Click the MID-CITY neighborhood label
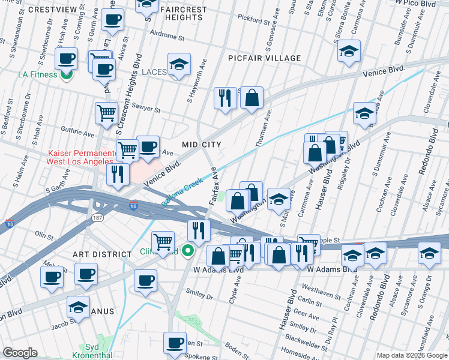pyautogui.click(x=202, y=145)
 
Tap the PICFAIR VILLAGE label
pyautogui.click(x=264, y=58)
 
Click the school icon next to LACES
pyautogui.click(x=178, y=65)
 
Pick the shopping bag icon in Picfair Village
pyautogui.click(x=252, y=97)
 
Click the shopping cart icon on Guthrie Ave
pyautogui.click(x=106, y=112)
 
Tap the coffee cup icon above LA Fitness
pyautogui.click(x=67, y=58)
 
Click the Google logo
pyautogui.click(x=20, y=353)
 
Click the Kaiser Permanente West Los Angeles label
pyautogui.click(x=80, y=158)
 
